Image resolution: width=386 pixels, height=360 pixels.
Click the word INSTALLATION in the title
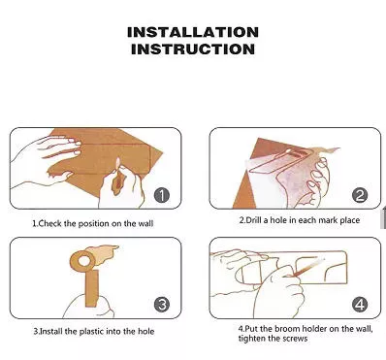click(193, 32)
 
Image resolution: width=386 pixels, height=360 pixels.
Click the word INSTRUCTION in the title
click(193, 49)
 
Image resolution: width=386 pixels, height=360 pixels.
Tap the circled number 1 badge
click(162, 195)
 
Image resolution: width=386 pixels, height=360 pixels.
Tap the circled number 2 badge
click(360, 195)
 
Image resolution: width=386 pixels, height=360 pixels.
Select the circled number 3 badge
click(162, 305)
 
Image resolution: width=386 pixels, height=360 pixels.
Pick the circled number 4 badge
click(360, 305)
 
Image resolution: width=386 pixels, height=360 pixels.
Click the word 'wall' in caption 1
click(145, 223)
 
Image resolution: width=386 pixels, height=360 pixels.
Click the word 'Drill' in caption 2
click(254, 220)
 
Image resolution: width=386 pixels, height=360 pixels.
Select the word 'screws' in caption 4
click(295, 339)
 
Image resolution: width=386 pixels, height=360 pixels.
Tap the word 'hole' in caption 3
click(146, 332)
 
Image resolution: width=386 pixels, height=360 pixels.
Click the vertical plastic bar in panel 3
click(92, 288)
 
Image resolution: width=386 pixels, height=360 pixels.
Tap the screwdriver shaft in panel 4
click(305, 268)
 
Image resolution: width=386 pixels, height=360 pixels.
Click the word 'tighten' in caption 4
click(249, 339)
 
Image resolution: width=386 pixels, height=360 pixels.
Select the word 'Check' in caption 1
click(49, 223)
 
